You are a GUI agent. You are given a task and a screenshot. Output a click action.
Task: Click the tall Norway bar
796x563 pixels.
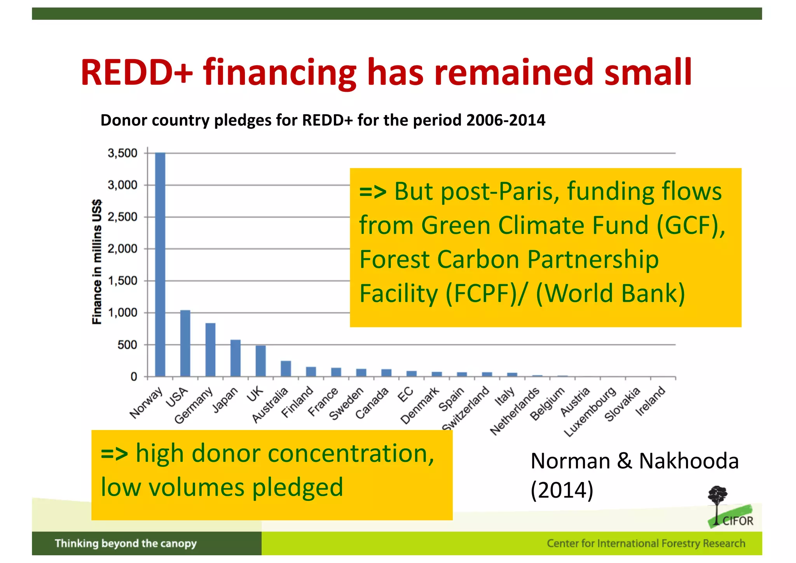(160, 264)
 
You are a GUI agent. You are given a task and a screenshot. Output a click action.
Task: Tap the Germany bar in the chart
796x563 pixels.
(210, 350)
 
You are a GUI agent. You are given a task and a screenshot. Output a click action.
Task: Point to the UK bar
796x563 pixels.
(261, 360)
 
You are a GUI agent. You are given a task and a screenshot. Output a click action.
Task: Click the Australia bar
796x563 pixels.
(286, 368)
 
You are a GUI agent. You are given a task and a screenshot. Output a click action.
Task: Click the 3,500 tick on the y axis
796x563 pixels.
(122, 153)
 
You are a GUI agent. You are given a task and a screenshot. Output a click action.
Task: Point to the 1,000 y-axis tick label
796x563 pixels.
(122, 313)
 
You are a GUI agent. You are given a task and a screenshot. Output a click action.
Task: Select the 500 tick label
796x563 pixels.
(127, 345)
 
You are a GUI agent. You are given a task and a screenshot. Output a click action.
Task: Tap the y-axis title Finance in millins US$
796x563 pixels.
(97, 262)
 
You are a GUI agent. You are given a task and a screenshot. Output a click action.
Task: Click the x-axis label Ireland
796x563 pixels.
(650, 401)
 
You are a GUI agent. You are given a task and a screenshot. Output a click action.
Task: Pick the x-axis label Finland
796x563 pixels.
(297, 402)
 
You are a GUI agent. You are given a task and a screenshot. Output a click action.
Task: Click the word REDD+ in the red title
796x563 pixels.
(136, 72)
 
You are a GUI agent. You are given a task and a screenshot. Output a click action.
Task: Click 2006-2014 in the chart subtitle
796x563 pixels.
(506, 120)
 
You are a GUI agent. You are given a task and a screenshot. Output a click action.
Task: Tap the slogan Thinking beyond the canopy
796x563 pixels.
(126, 543)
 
